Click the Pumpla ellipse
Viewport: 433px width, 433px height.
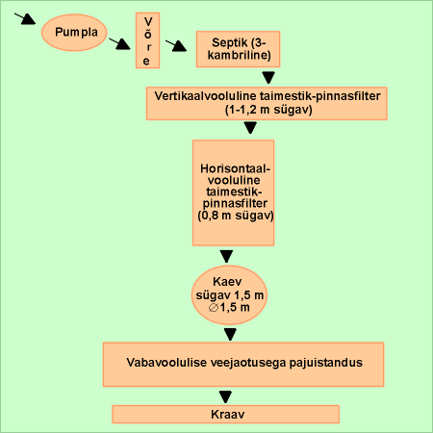coord(74,33)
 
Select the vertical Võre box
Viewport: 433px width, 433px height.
coord(147,40)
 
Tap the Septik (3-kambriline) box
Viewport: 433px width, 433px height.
coord(238,49)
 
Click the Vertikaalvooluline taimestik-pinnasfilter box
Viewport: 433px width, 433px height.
coord(267,103)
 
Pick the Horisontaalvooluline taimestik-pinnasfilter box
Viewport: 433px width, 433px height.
coord(233,192)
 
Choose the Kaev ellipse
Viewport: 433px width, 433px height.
coord(229,295)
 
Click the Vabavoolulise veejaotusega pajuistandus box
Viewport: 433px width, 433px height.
coord(243,364)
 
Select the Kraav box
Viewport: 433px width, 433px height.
coord(226,414)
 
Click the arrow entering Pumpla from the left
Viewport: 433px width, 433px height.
coord(25,18)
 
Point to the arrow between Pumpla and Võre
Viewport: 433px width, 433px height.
coord(119,44)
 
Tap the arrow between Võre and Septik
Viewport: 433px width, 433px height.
coord(176,45)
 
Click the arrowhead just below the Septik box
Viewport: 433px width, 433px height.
coord(268,78)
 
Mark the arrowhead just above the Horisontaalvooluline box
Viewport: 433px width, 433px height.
coord(250,128)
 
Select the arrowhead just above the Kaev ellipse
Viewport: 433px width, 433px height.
coord(226,257)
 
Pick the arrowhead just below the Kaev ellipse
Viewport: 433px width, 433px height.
coord(230,334)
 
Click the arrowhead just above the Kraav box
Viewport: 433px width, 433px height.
coord(225,397)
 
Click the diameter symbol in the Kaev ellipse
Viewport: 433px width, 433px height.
coord(214,308)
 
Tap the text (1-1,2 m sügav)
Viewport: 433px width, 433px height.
coord(268,110)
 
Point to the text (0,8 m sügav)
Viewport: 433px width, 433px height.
coord(236,216)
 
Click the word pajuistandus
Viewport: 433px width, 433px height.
coord(326,363)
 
